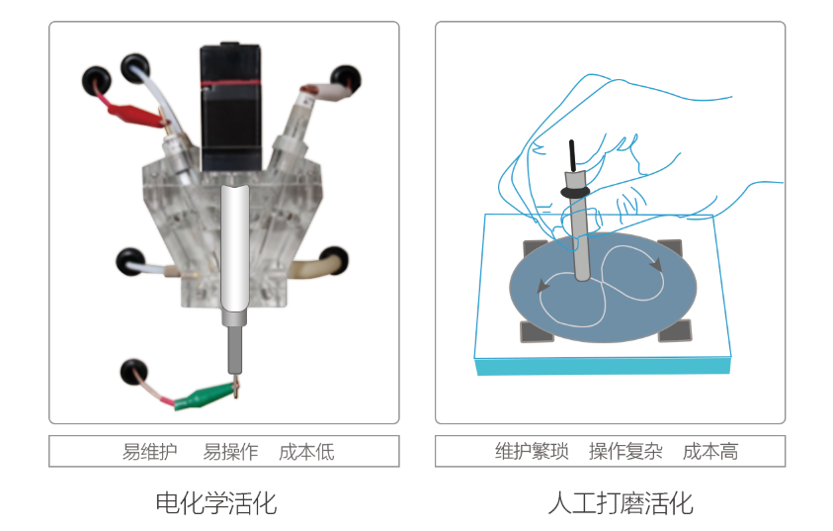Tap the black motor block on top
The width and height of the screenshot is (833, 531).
pyautogui.click(x=230, y=107)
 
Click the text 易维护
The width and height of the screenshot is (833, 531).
pyautogui.click(x=150, y=452)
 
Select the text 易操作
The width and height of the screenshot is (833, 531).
pyautogui.click(x=230, y=452)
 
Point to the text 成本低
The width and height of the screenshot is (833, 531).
pyautogui.click(x=306, y=452)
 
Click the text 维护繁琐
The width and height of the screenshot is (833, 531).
pyautogui.click(x=532, y=451)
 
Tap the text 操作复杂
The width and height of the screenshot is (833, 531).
pyautogui.click(x=625, y=451)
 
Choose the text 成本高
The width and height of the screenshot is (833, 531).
pyautogui.click(x=710, y=451)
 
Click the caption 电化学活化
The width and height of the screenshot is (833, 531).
pyautogui.click(x=216, y=503)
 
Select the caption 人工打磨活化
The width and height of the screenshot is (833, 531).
pyautogui.click(x=621, y=503)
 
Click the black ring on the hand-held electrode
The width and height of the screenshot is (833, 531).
pyautogui.click(x=575, y=192)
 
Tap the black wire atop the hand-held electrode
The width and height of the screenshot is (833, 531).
pyautogui.click(x=572, y=156)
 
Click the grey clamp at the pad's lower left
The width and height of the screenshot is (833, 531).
pyautogui.click(x=536, y=331)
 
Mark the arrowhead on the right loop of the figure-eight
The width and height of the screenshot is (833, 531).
pyautogui.click(x=657, y=264)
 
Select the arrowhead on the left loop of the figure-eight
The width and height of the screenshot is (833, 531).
pyautogui.click(x=542, y=286)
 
